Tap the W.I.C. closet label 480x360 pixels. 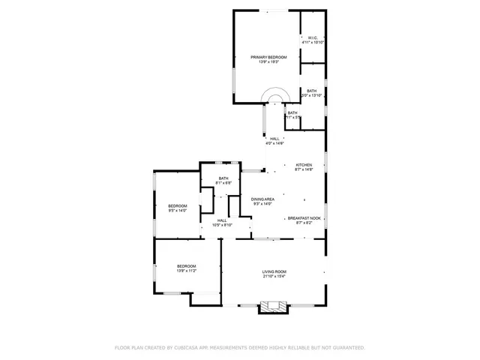tap(313, 38)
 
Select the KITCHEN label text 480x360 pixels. tap(304, 165)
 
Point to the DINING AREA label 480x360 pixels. tap(262, 199)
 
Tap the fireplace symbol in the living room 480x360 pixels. tap(272, 306)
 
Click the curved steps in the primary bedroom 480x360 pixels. tap(275, 97)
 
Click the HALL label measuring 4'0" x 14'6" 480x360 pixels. tap(274, 139)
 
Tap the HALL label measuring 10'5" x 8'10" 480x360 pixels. tap(223, 220)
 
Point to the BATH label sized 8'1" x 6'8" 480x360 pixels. tap(223, 178)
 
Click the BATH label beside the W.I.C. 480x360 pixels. tap(311, 91)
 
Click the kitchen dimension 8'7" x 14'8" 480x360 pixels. tap(304, 170)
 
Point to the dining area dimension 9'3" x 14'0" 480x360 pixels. tap(262, 204)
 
